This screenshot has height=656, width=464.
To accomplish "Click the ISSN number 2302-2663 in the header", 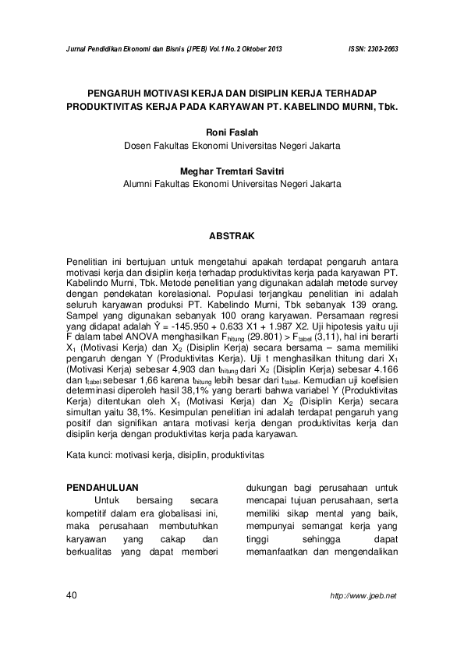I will point(380,48).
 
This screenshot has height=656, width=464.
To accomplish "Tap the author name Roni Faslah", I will point(232,132).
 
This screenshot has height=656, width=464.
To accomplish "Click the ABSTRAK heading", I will point(232,234).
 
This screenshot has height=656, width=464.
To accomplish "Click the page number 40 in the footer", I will point(73,595).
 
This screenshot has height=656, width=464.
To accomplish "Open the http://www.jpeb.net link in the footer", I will point(363,595).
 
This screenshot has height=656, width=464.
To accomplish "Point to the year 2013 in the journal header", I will point(270,48).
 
